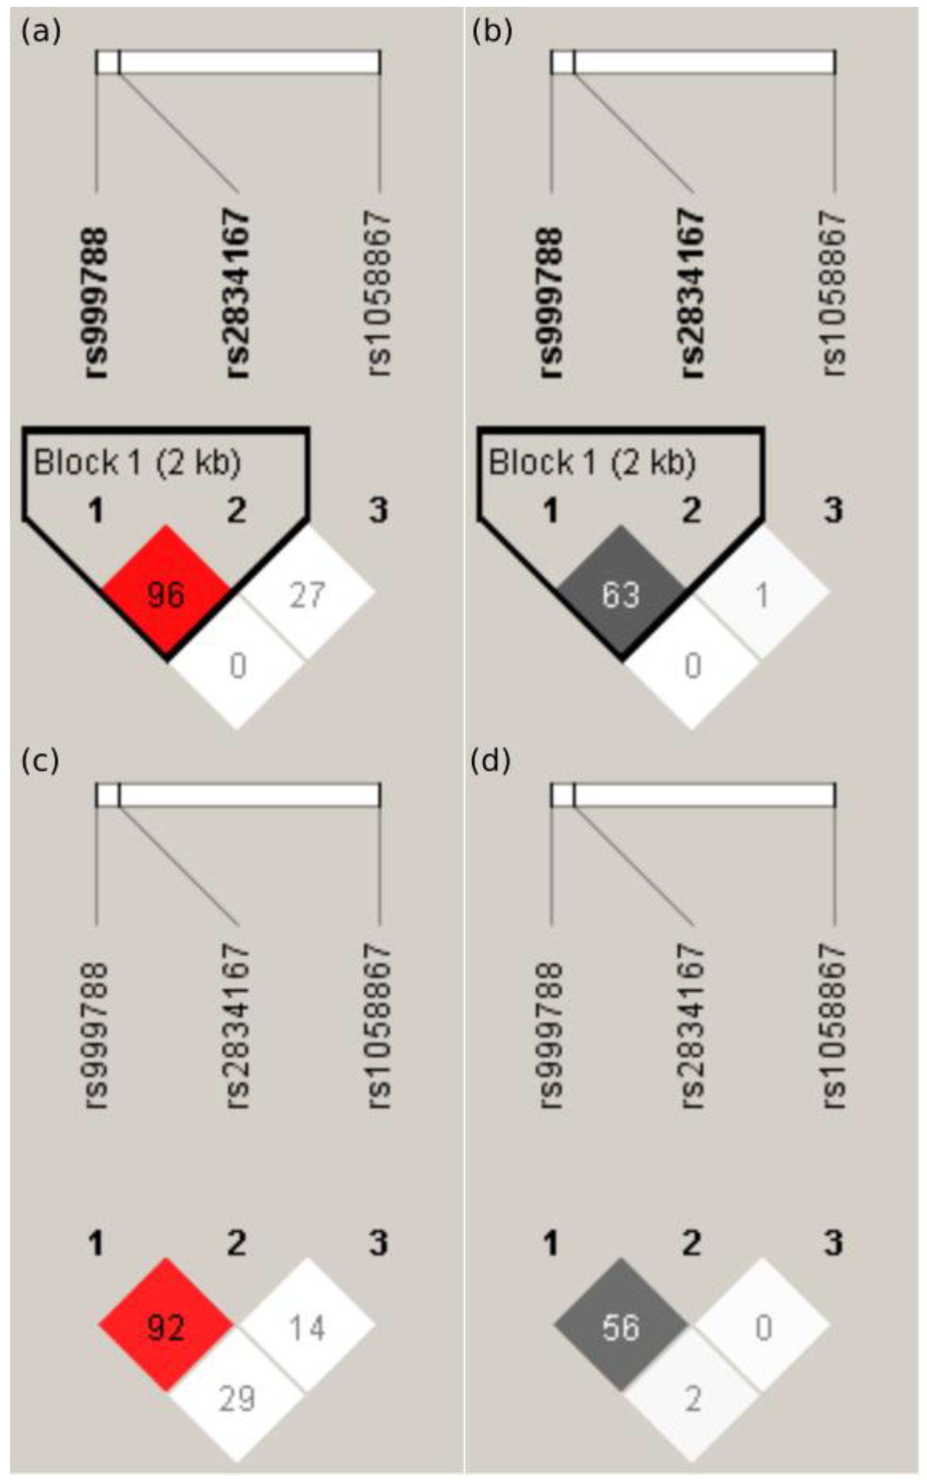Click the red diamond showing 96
click(x=166, y=593)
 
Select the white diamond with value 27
click(x=307, y=594)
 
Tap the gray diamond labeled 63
click(x=621, y=593)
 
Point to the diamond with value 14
click(x=307, y=1327)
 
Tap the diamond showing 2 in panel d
click(x=692, y=1397)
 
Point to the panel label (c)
click(x=40, y=761)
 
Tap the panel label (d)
click(x=491, y=761)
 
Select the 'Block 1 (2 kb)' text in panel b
click(x=592, y=462)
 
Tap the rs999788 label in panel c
click(x=96, y=1035)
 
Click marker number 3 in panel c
click(x=378, y=1242)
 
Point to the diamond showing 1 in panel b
click(x=762, y=594)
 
